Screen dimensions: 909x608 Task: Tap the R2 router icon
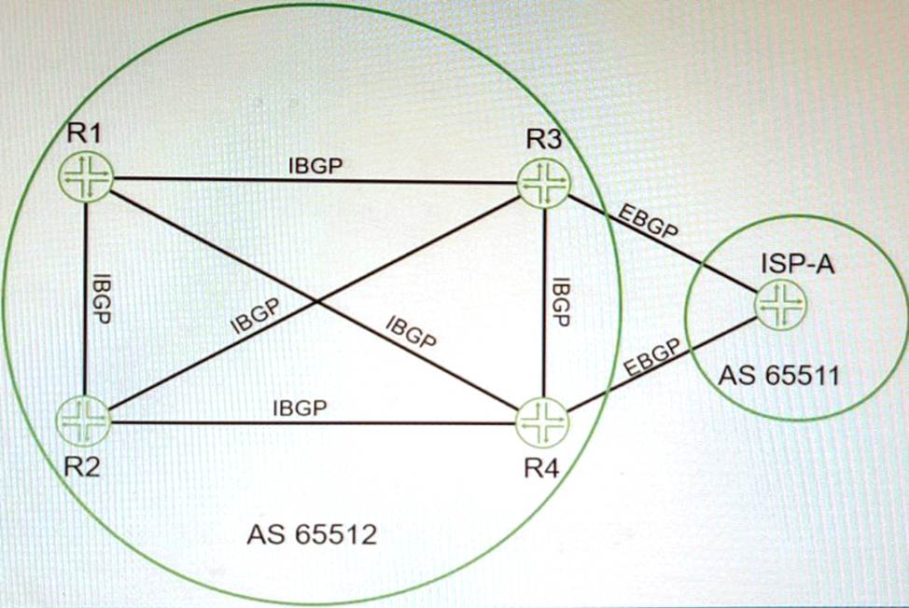click(83, 421)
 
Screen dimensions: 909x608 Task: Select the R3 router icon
click(543, 184)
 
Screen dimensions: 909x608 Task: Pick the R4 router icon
click(542, 422)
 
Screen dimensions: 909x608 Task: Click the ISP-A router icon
click(781, 305)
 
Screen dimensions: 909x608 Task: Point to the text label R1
click(84, 132)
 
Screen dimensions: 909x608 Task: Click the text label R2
click(82, 465)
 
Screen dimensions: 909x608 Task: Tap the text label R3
click(544, 139)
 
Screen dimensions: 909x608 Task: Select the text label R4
click(542, 468)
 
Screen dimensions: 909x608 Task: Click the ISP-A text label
click(798, 264)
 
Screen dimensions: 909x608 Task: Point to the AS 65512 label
click(312, 534)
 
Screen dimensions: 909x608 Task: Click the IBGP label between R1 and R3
click(315, 166)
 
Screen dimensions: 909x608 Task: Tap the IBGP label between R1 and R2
click(102, 298)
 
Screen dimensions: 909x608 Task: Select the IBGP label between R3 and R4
click(561, 302)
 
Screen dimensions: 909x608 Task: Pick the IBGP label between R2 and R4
click(300, 408)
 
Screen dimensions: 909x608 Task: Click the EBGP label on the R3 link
click(648, 221)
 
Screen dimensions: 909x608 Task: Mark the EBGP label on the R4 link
click(652, 359)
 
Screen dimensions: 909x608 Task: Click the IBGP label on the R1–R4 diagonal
click(411, 332)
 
